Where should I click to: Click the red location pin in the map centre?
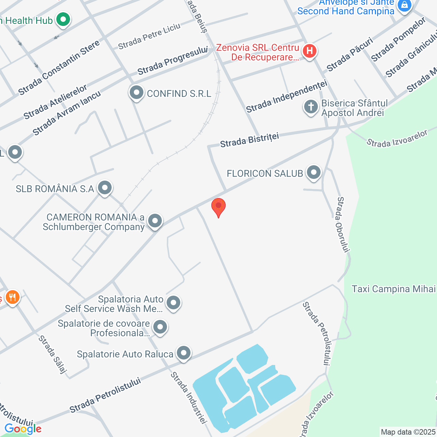218,207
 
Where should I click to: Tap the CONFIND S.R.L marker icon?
137,93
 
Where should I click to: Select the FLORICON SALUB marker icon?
313,172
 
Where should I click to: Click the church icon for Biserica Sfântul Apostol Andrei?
311,107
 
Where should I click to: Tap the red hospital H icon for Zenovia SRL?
309,51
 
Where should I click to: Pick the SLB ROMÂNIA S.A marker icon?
104,188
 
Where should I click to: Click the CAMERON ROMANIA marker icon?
155,221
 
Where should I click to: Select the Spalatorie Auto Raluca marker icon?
184,353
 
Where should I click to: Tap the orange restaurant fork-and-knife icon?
12,297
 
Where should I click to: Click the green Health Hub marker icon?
63,19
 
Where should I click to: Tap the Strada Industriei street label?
189,398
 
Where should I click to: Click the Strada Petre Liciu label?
149,36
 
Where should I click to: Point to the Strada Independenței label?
287,96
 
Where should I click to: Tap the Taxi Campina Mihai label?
394,289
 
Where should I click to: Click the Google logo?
23,429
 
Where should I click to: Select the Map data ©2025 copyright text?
408,432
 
